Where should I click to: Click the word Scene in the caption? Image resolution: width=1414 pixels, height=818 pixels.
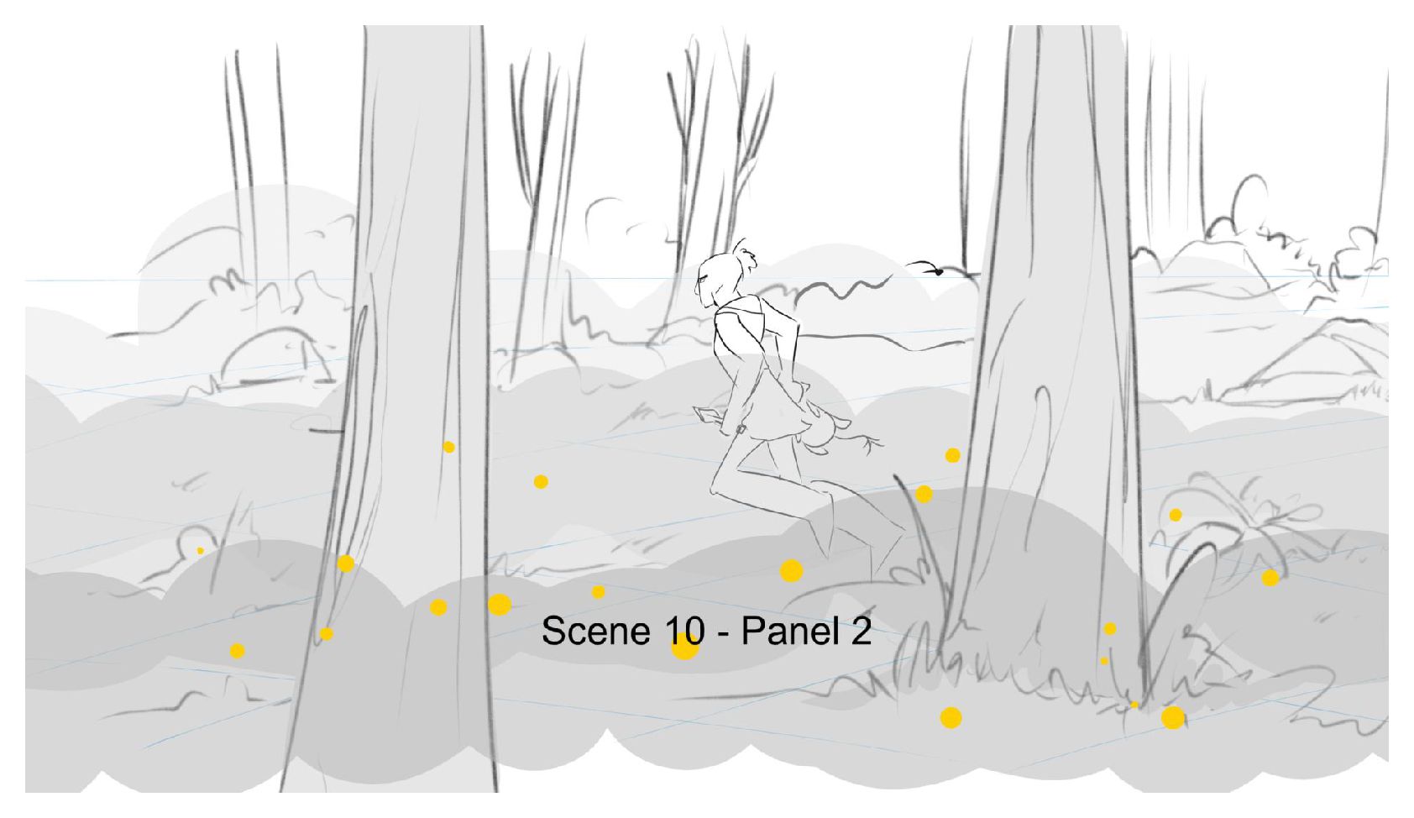(x=595, y=631)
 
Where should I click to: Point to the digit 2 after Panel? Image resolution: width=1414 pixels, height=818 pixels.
(x=861, y=631)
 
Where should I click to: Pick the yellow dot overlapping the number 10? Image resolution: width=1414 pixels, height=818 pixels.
(x=684, y=647)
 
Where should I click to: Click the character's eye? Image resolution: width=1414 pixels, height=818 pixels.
(x=703, y=278)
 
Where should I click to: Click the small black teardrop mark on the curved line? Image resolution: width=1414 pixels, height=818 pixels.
(x=939, y=272)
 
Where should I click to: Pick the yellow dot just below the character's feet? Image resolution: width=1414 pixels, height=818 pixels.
(x=792, y=570)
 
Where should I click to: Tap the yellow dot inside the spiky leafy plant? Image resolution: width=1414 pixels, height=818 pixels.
(x=1176, y=515)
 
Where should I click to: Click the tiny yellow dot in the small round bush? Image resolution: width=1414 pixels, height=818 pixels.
(x=201, y=551)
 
